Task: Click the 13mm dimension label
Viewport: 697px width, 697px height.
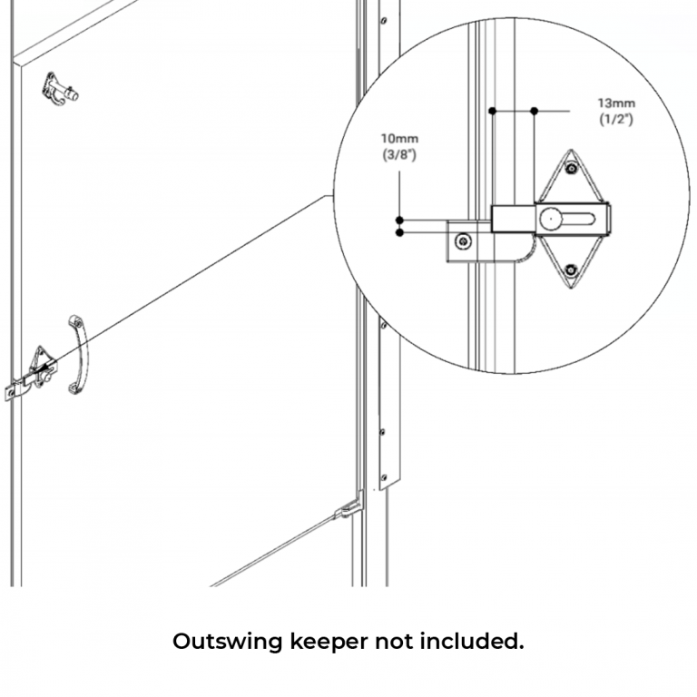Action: [x=615, y=103]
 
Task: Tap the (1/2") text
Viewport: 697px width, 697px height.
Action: [x=615, y=119]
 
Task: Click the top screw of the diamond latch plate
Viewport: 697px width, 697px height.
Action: [x=570, y=168]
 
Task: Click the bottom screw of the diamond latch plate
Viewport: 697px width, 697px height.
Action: [x=570, y=269]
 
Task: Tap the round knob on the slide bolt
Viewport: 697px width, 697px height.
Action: [x=551, y=218]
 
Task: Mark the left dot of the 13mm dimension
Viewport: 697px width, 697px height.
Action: [x=492, y=111]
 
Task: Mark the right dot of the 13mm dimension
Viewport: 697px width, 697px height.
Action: [x=535, y=111]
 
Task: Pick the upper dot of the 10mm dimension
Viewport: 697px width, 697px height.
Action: [x=399, y=220]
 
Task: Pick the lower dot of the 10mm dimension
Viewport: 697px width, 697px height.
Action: [x=399, y=233]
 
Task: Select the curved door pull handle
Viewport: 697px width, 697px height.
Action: [x=78, y=354]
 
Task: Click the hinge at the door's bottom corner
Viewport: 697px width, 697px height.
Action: [x=349, y=508]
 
